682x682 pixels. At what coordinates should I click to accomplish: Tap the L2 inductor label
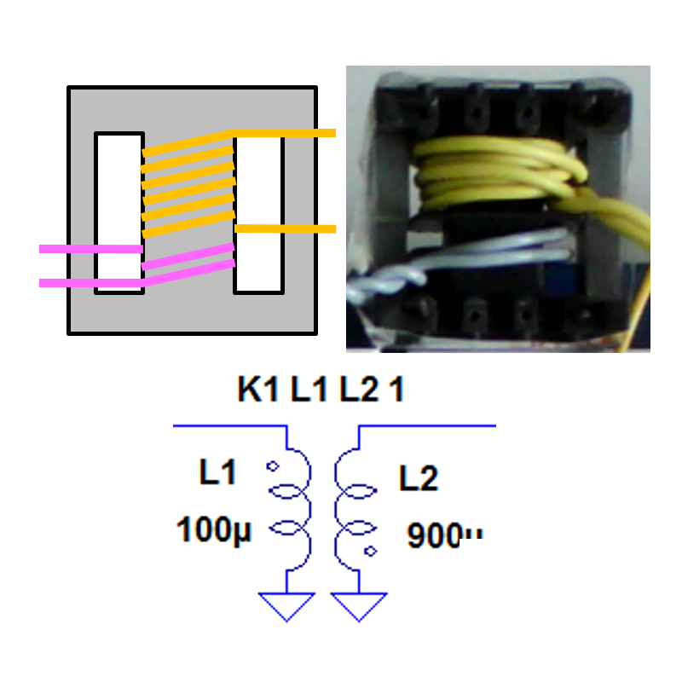coord(419,479)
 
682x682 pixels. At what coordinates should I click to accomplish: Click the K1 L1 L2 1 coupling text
coord(321,390)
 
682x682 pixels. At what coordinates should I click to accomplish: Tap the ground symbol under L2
coord(358,606)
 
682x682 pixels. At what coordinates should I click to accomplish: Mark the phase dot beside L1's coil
coord(274,466)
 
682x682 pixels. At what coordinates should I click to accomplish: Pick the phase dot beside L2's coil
coord(370,551)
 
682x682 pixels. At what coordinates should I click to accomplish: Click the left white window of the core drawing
coord(118,213)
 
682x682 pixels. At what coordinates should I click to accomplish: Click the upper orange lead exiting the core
coord(307,133)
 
